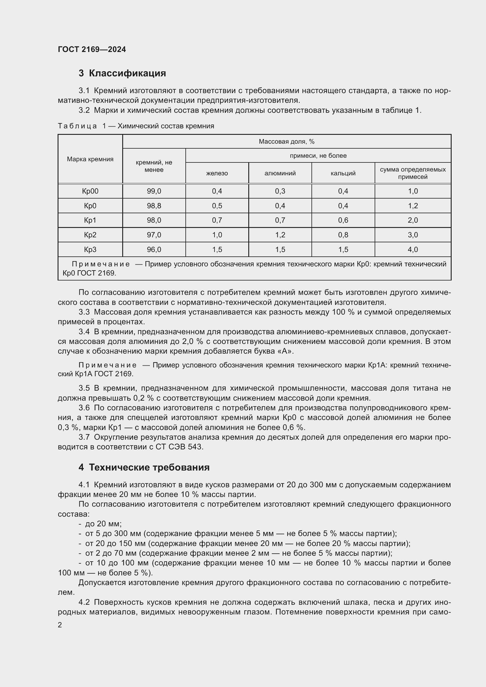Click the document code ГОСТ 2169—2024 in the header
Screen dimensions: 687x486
coord(92,49)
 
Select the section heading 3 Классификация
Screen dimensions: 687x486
coord(122,73)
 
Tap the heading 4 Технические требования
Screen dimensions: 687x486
coord(144,467)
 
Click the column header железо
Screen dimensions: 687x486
coord(217,173)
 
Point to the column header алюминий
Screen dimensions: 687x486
coord(280,173)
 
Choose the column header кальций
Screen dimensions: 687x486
coord(343,173)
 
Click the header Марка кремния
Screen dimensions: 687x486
coord(90,159)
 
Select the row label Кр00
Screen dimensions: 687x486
coord(90,191)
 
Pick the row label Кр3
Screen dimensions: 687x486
coord(90,250)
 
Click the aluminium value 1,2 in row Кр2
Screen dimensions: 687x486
coord(280,235)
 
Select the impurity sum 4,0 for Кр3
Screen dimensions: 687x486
coord(413,250)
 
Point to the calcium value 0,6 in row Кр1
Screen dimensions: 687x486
coord(343,220)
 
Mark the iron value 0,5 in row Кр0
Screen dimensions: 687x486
coord(217,206)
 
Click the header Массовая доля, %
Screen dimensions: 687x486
coord(286,142)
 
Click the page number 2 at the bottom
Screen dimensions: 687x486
coord(60,625)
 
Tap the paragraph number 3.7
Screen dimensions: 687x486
coord(84,437)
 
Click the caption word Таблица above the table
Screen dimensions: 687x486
coord(77,126)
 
